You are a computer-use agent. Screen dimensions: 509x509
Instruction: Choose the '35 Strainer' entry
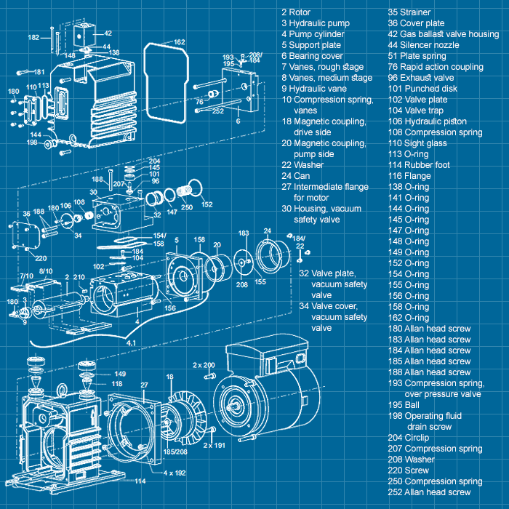coord(409,12)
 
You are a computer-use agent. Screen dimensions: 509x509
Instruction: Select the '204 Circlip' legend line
coord(409,438)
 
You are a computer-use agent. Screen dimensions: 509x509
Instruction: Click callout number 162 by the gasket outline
coord(180,42)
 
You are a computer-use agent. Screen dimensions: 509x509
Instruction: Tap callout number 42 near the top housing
coord(108,33)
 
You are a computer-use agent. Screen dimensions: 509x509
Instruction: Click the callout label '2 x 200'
coord(204,364)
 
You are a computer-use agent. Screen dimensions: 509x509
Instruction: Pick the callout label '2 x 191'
coord(215,444)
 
